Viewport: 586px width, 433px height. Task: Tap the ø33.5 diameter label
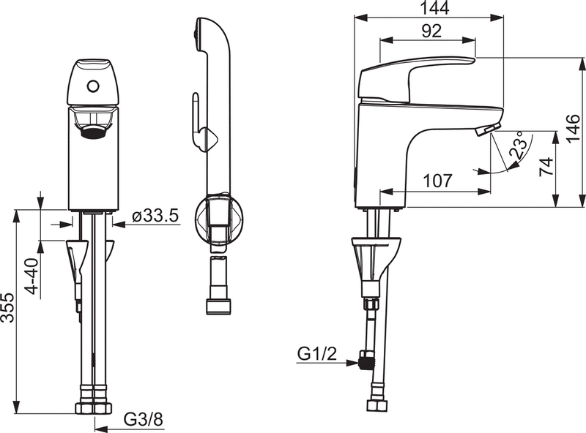156,216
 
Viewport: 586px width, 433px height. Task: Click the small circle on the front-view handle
92,87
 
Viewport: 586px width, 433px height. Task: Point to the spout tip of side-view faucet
486,130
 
